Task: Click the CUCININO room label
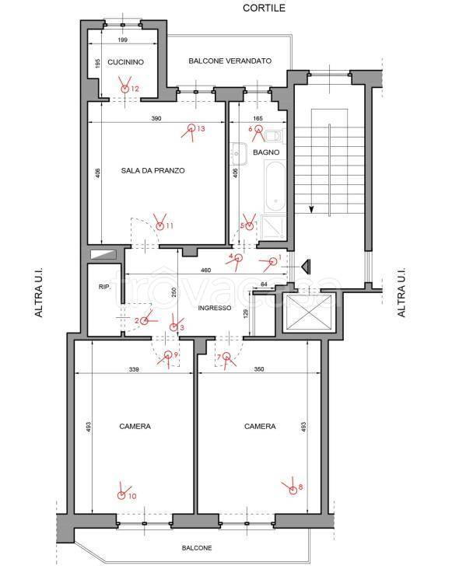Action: point(125,62)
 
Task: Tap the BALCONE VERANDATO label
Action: point(230,61)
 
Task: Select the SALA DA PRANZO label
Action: point(153,171)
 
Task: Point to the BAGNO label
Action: point(266,152)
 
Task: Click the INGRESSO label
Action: point(215,308)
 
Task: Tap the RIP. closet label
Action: point(105,287)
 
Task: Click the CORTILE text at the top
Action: point(265,8)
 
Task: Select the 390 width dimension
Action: point(156,118)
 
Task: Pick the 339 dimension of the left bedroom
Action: point(134,369)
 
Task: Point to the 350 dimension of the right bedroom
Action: point(259,369)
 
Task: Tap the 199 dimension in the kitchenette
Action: point(122,40)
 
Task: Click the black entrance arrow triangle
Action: point(307,266)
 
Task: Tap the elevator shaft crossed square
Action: point(310,312)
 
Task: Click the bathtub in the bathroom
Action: point(275,185)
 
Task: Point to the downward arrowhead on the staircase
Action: point(311,210)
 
